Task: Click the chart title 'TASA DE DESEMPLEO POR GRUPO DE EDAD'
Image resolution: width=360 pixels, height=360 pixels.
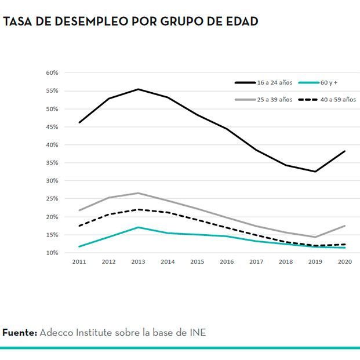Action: [130, 21]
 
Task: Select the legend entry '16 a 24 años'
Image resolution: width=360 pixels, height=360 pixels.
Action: [275, 83]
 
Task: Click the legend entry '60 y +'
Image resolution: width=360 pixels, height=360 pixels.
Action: [333, 83]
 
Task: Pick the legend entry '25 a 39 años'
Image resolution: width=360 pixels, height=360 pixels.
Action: [275, 100]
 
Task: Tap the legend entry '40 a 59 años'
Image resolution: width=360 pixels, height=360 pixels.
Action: [338, 100]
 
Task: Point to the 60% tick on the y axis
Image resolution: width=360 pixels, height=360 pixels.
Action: [52, 73]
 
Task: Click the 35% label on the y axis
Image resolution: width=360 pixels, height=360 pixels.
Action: [52, 163]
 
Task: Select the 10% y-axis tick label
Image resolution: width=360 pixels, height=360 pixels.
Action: [52, 253]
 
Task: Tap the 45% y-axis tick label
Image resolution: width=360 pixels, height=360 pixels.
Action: [52, 127]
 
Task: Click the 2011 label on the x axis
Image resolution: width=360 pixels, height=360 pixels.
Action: [79, 262]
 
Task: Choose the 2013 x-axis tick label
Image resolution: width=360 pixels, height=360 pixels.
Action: [138, 262]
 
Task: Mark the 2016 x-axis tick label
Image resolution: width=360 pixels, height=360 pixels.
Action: [227, 262]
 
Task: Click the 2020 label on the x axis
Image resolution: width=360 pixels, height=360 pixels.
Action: [345, 262]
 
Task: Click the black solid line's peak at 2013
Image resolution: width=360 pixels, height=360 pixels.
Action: [138, 89]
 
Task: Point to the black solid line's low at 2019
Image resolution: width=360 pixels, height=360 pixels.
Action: [315, 172]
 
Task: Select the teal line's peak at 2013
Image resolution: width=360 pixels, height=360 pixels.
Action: [138, 227]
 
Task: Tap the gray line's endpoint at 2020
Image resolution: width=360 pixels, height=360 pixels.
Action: [345, 226]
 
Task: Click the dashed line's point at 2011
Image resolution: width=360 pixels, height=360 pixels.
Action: [79, 226]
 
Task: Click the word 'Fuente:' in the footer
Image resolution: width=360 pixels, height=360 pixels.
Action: [20, 333]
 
